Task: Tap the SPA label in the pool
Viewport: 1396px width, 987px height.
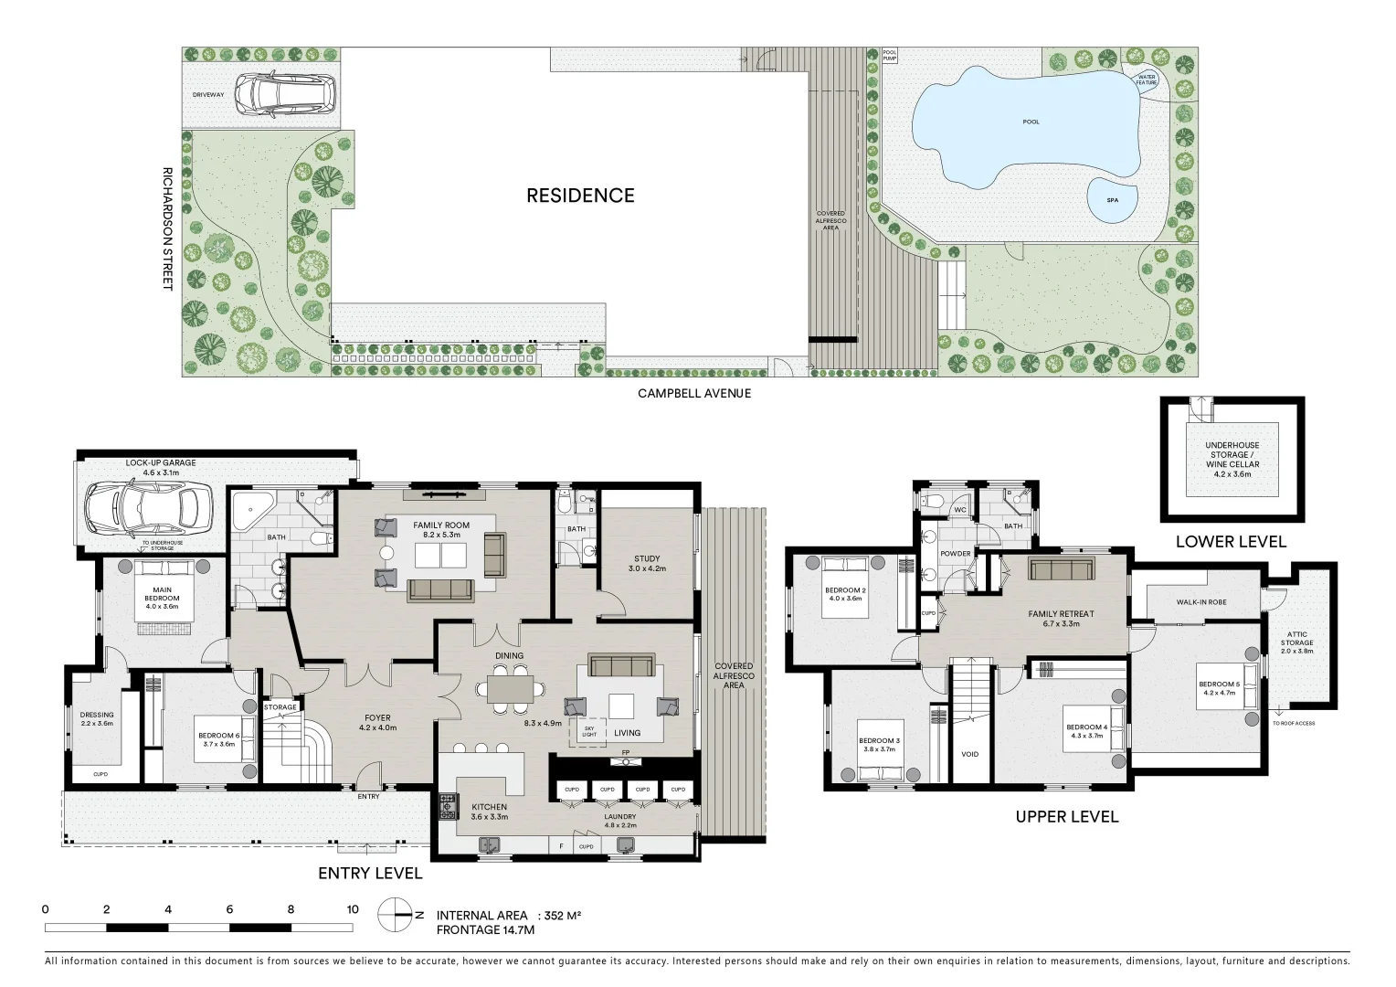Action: click(1112, 199)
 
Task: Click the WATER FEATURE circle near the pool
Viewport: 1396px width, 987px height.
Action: click(1146, 80)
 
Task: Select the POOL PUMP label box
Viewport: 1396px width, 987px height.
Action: click(889, 56)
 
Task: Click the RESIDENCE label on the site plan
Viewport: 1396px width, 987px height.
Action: click(580, 196)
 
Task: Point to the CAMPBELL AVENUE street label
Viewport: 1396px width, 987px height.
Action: click(694, 393)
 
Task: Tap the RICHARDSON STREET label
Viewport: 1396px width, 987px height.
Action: click(167, 228)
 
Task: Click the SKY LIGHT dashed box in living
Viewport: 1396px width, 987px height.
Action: click(588, 730)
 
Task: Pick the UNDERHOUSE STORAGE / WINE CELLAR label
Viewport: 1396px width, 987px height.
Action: click(1232, 459)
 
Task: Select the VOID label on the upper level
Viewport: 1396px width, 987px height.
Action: click(970, 754)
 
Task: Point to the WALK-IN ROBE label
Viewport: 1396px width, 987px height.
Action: click(1200, 603)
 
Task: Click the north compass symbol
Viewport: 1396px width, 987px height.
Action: click(397, 914)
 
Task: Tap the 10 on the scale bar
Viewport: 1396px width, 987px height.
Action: click(353, 909)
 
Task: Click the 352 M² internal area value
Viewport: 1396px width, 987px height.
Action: click(562, 915)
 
